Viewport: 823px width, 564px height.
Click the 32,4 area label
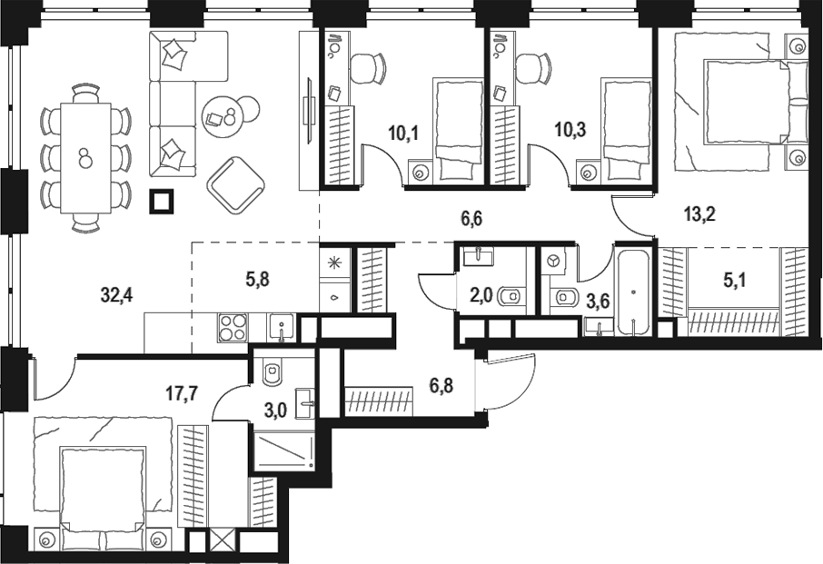[x=119, y=293]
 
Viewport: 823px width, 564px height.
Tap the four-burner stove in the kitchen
[x=231, y=327]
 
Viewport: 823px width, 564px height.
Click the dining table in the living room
[x=84, y=157]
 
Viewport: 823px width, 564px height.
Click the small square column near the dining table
[x=163, y=200]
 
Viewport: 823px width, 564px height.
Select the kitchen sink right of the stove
[x=280, y=327]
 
